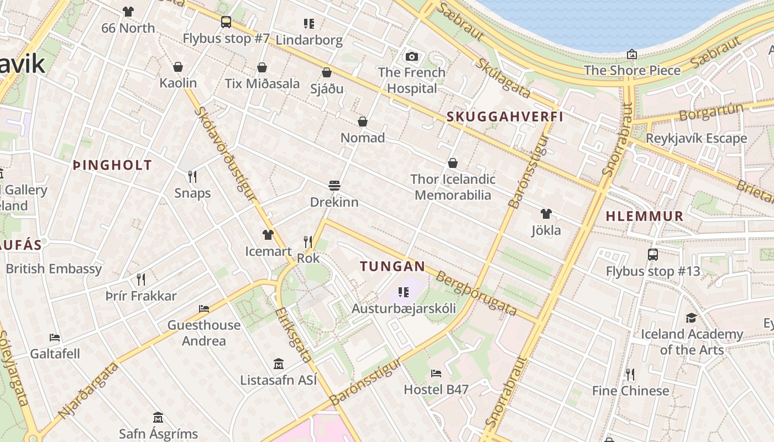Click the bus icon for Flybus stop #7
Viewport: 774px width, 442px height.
pos(226,22)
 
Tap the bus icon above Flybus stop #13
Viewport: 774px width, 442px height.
pos(653,255)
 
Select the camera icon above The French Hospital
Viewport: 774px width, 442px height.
pos(411,56)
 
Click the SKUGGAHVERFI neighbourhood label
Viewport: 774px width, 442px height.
pos(505,117)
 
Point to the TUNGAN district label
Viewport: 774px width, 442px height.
pos(393,266)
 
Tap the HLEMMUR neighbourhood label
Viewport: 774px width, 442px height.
pos(645,216)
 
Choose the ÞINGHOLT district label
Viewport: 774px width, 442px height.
pos(112,165)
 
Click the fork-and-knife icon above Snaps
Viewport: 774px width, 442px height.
pos(192,177)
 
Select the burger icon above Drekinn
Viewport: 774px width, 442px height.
pos(334,186)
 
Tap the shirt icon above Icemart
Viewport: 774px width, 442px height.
pos(268,235)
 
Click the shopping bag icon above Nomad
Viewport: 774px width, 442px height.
pos(363,122)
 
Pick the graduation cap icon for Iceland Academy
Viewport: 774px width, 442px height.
pos(691,318)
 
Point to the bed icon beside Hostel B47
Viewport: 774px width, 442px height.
pos(436,373)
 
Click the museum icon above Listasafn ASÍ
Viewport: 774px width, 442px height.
pos(279,364)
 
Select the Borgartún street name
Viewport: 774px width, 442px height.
pos(711,112)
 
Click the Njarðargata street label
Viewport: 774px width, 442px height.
pos(88,390)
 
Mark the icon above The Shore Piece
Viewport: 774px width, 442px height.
pos(631,54)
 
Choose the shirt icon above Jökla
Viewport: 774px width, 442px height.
pos(546,214)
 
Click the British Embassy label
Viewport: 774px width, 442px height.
pos(54,269)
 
